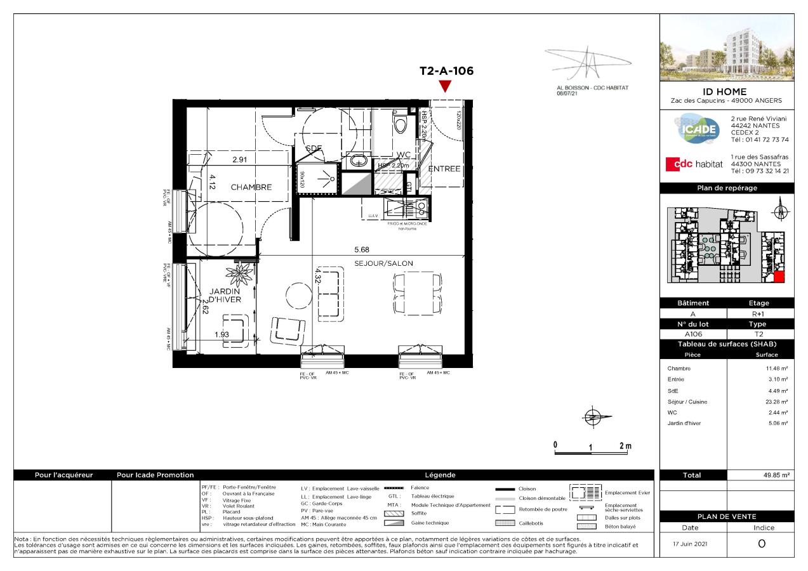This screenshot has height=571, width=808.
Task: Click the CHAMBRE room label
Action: point(251,187)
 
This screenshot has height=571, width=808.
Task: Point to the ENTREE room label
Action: point(444,169)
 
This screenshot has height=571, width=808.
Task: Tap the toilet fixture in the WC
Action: point(400,122)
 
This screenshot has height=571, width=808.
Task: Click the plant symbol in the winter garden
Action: point(241,275)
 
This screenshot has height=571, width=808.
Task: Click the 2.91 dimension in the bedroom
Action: point(239,160)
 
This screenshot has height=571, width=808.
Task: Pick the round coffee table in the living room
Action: point(298,294)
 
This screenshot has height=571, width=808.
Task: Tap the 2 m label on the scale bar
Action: point(625,446)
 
